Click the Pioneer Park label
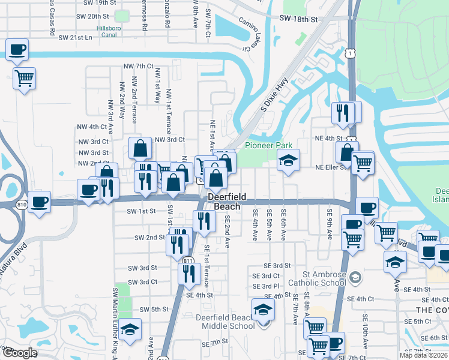[x=268, y=145]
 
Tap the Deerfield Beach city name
[x=224, y=202]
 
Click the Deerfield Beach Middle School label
[x=225, y=322]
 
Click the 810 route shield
[x=22, y=205]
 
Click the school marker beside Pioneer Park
[x=288, y=160]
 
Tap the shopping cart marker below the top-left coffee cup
[x=24, y=78]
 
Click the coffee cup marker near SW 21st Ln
[x=17, y=49]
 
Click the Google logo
[x=19, y=353]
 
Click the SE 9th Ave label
[x=330, y=223]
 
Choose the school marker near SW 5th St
[x=130, y=329]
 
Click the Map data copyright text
[x=423, y=355]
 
